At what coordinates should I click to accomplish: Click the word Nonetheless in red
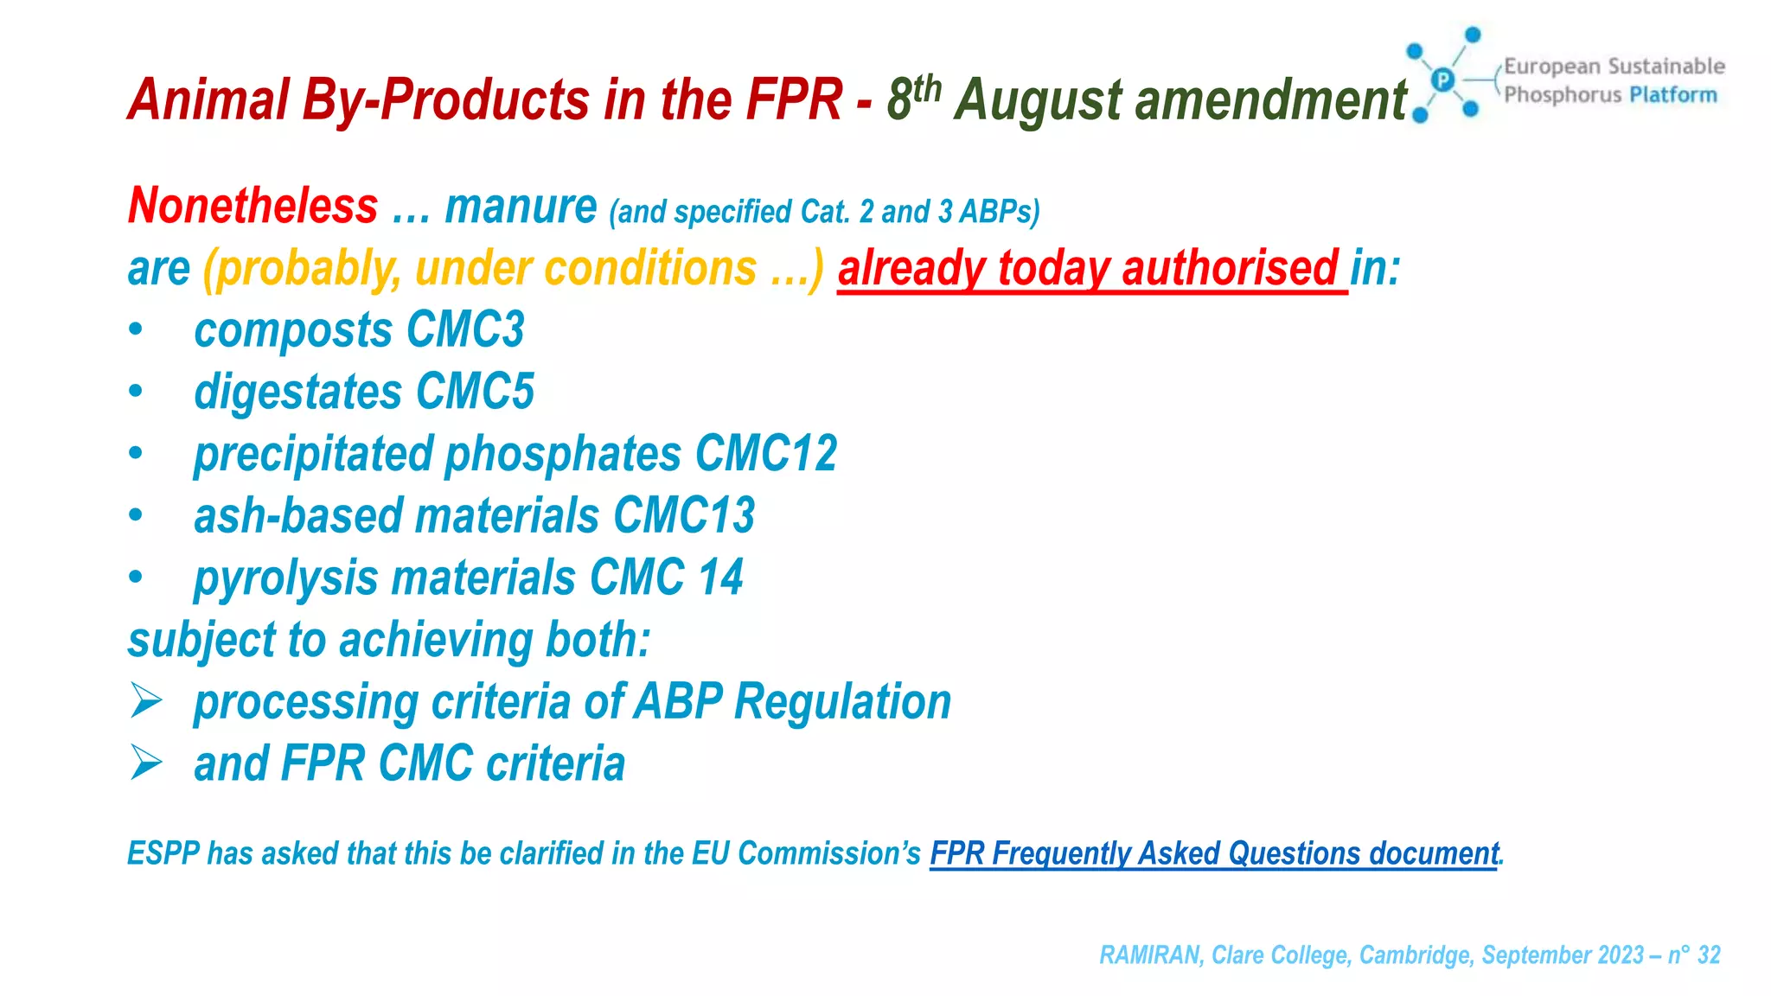(x=253, y=206)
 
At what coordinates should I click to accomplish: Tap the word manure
(x=521, y=206)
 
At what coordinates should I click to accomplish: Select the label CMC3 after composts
(x=465, y=329)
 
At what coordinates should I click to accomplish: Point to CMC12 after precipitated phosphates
(x=766, y=453)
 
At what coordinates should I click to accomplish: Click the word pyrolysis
(x=285, y=578)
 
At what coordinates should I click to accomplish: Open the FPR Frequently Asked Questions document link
(x=1213, y=853)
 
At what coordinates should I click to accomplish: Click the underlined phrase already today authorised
(x=1088, y=268)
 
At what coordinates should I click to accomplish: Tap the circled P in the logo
(x=1442, y=80)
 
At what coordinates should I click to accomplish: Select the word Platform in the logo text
(x=1673, y=94)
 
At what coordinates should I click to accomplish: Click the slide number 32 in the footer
(x=1709, y=954)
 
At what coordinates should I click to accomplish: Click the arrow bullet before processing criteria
(x=145, y=700)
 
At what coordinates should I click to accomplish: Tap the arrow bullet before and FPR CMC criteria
(x=145, y=763)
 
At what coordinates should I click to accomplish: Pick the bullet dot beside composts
(x=136, y=330)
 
